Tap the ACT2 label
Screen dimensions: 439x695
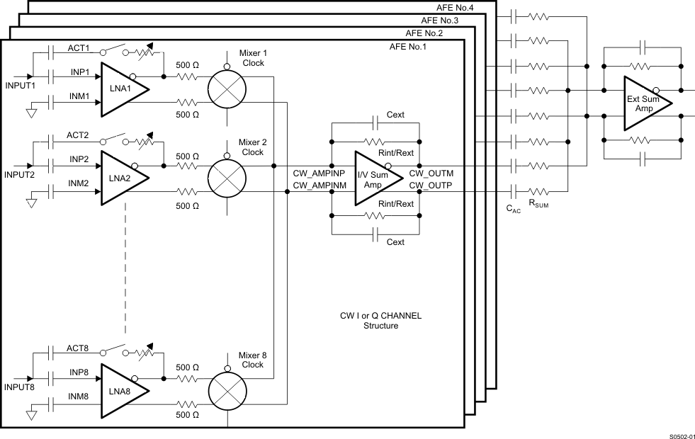[x=77, y=135]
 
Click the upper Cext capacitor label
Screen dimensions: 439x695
[x=395, y=115]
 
